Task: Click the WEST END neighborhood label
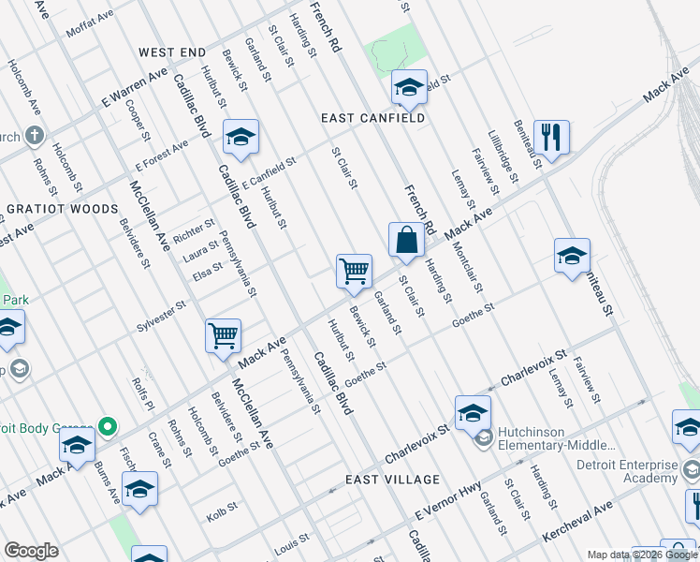click(172, 52)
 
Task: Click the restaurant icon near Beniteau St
click(552, 137)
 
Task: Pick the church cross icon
click(34, 135)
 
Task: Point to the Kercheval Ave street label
click(578, 524)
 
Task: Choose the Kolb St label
click(217, 516)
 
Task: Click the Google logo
click(31, 551)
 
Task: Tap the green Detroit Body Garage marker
click(107, 426)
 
